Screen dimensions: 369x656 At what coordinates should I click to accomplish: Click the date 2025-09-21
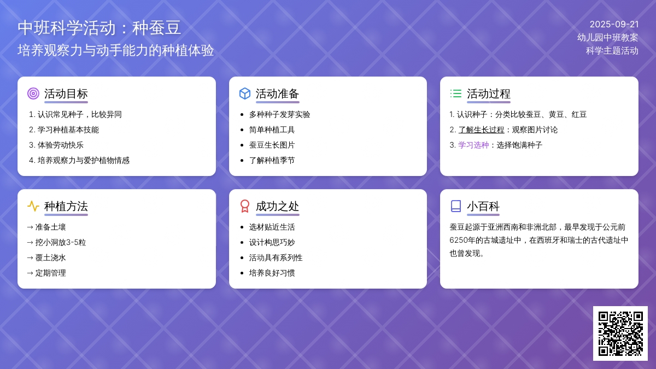[x=614, y=24]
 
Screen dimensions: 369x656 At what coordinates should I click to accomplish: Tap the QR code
[x=620, y=333]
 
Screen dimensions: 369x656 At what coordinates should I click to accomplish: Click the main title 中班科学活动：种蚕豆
[x=99, y=28]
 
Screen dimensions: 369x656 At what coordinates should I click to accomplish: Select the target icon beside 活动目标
[x=33, y=93]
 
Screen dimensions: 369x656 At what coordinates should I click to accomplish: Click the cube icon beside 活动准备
[x=245, y=93]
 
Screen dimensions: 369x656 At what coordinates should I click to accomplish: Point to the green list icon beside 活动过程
[x=456, y=93]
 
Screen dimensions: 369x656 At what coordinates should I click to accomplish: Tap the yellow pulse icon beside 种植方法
[x=33, y=206]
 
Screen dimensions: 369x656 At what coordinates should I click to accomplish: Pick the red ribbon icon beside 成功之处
[x=245, y=206]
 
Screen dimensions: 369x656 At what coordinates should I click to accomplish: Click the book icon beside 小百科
[x=456, y=206]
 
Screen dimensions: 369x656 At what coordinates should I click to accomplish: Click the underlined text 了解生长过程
[x=481, y=130]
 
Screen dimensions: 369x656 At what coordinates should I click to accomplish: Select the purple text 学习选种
[x=473, y=145]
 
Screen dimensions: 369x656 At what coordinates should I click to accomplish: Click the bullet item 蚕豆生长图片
[x=272, y=145]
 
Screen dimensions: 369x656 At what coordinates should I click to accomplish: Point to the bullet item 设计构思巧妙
[x=272, y=242]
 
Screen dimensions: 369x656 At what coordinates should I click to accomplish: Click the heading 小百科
[x=483, y=206]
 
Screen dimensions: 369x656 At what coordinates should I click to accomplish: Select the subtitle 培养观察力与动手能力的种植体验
[x=116, y=50]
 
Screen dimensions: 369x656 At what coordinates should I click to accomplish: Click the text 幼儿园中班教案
[x=608, y=37]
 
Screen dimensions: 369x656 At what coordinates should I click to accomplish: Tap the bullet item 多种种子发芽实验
[x=279, y=114]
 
